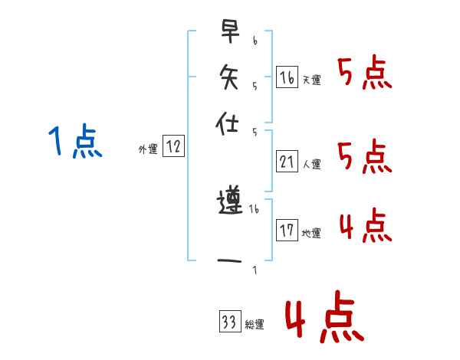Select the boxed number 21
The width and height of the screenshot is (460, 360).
tap(287, 161)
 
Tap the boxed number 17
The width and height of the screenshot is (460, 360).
tap(287, 230)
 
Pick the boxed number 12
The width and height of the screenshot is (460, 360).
tap(173, 147)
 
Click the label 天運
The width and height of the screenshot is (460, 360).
tap(311, 80)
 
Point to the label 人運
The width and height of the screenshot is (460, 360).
tap(311, 164)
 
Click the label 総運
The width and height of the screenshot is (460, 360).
tap(254, 325)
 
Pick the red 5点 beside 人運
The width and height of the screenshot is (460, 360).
tap(364, 157)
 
